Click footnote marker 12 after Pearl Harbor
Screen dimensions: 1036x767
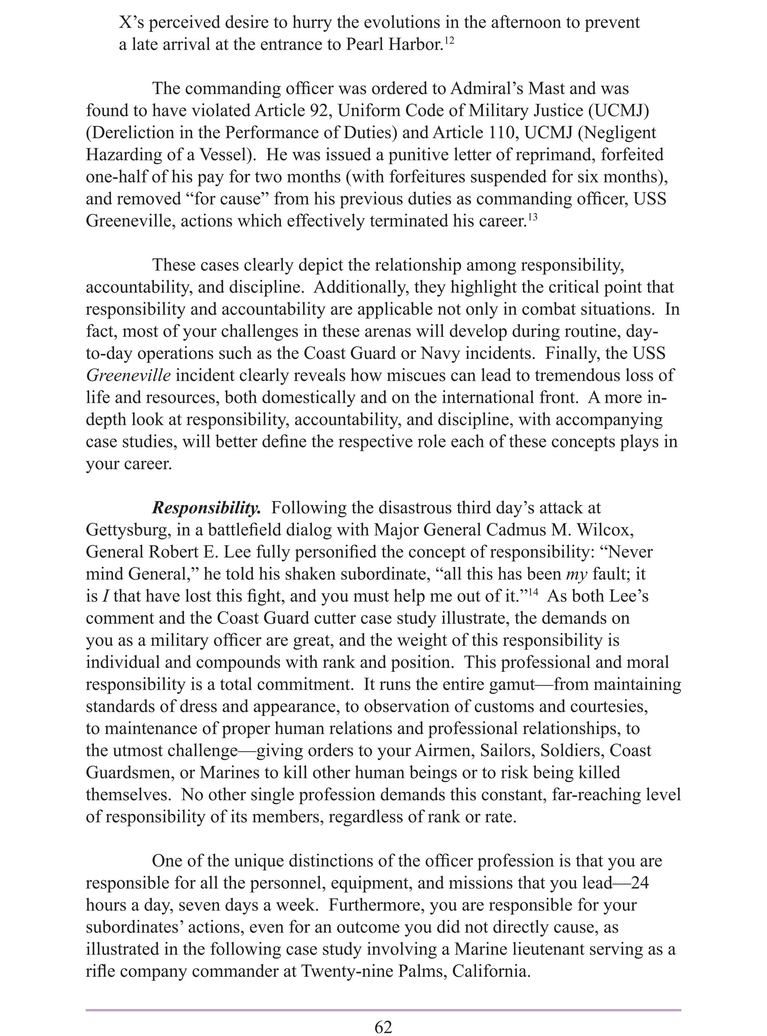(x=449, y=41)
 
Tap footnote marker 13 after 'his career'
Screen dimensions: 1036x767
(x=533, y=217)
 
